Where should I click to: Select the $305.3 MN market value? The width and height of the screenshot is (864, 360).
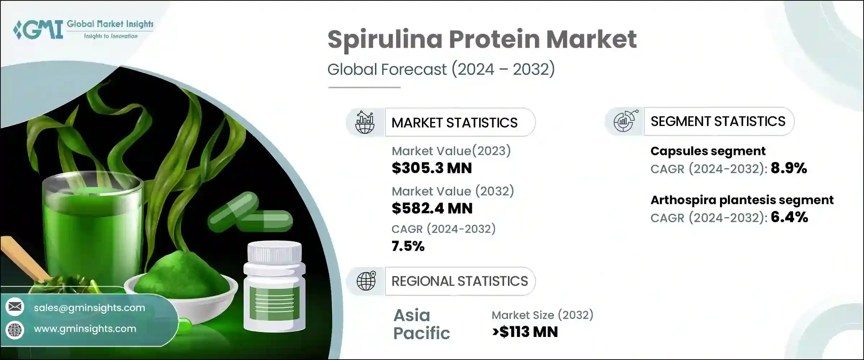(x=431, y=168)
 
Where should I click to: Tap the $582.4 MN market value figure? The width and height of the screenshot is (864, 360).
(x=432, y=208)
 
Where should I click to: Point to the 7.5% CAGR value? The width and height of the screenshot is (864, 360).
(x=408, y=246)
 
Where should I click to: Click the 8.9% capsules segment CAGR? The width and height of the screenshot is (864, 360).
(x=788, y=168)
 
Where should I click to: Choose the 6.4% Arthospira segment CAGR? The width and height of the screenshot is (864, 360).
(x=789, y=217)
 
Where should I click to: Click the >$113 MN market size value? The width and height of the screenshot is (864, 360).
(x=525, y=332)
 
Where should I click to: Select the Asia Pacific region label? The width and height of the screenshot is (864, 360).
(x=421, y=324)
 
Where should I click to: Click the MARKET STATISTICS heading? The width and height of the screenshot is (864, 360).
(x=454, y=123)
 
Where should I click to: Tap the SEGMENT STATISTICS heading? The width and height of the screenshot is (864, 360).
(x=717, y=121)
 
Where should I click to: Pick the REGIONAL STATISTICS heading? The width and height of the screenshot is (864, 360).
(x=459, y=281)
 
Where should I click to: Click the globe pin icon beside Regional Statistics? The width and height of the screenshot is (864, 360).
(x=366, y=281)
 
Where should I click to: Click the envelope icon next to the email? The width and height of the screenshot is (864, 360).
(x=15, y=307)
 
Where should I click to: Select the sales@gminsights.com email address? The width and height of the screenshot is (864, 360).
(x=89, y=308)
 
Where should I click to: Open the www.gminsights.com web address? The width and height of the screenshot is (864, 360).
(x=85, y=329)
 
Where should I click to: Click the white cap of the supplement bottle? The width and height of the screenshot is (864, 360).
(x=274, y=252)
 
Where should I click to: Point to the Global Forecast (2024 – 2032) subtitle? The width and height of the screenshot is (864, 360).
(x=441, y=69)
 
